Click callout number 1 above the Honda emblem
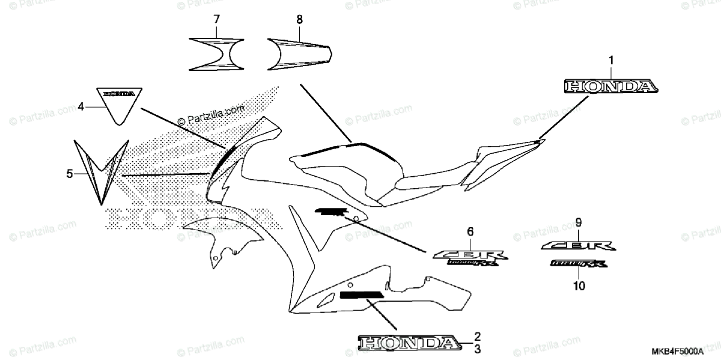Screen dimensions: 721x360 point(610,60)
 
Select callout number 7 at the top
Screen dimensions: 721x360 point(216,20)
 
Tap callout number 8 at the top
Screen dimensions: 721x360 point(299,20)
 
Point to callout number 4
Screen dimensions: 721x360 point(81,107)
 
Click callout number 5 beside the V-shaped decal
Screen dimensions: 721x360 point(70,174)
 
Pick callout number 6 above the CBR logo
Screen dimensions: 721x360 point(470,231)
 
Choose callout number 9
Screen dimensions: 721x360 point(579,222)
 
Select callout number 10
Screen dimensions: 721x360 point(579,287)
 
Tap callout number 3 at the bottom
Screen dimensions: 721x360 point(478,348)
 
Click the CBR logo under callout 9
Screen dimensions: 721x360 point(578,245)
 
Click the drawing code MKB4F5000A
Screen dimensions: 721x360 point(680,350)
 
